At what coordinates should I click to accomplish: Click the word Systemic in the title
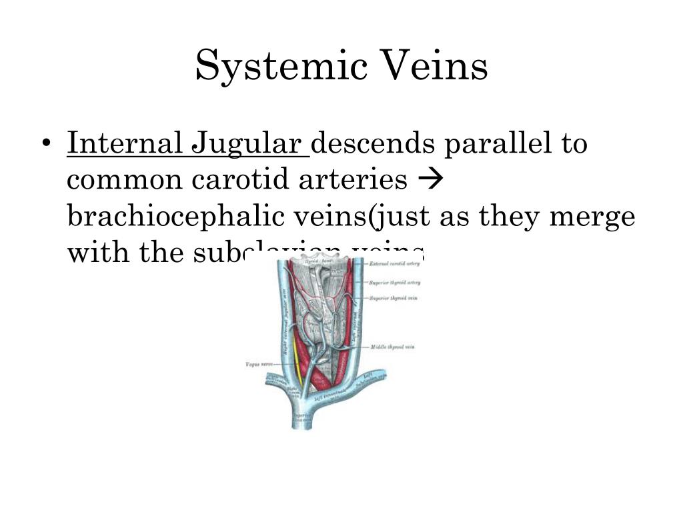coord(275,67)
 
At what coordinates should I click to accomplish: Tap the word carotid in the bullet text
coord(233,180)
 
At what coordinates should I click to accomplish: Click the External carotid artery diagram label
coord(394,265)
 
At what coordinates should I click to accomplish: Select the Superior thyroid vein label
coord(394,297)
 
